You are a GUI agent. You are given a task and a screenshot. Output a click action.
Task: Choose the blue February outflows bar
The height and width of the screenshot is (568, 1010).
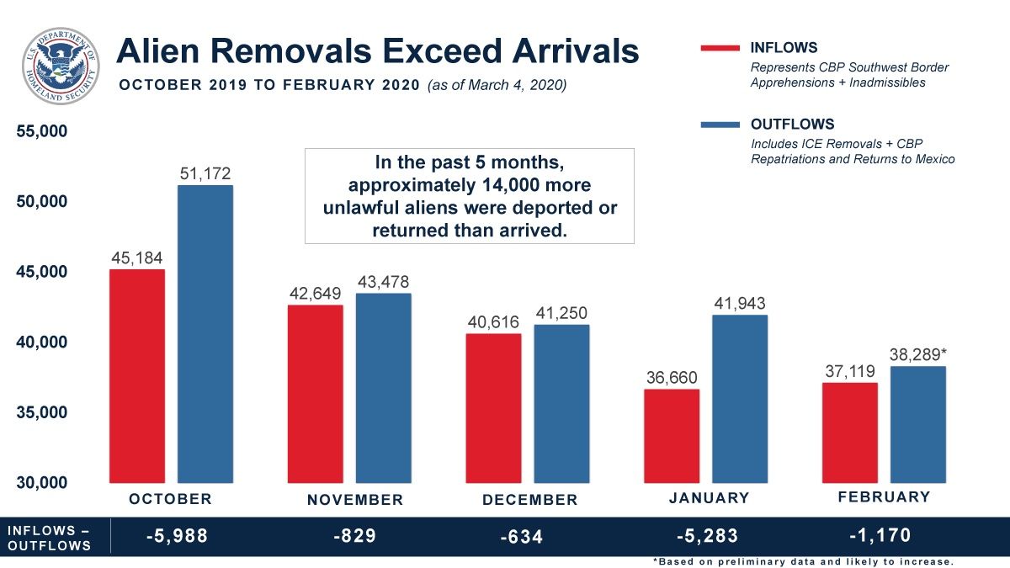point(918,424)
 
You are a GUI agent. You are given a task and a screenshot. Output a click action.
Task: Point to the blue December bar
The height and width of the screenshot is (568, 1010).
point(561,404)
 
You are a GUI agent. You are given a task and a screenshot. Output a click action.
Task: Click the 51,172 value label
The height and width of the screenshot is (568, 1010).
point(205,173)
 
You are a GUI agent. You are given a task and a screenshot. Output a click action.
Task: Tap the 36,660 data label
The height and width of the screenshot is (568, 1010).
point(672,377)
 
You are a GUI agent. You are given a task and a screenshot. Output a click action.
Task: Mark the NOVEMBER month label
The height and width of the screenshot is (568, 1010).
point(355,500)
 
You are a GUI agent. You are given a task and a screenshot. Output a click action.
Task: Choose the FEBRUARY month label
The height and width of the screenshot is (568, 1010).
point(884,496)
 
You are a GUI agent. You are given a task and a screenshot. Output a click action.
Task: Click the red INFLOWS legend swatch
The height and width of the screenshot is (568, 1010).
point(720,49)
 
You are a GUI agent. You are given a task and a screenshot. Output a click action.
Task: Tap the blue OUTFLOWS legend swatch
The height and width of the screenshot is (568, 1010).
point(720,125)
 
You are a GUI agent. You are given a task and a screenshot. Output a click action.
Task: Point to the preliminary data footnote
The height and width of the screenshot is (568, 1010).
point(803,561)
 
